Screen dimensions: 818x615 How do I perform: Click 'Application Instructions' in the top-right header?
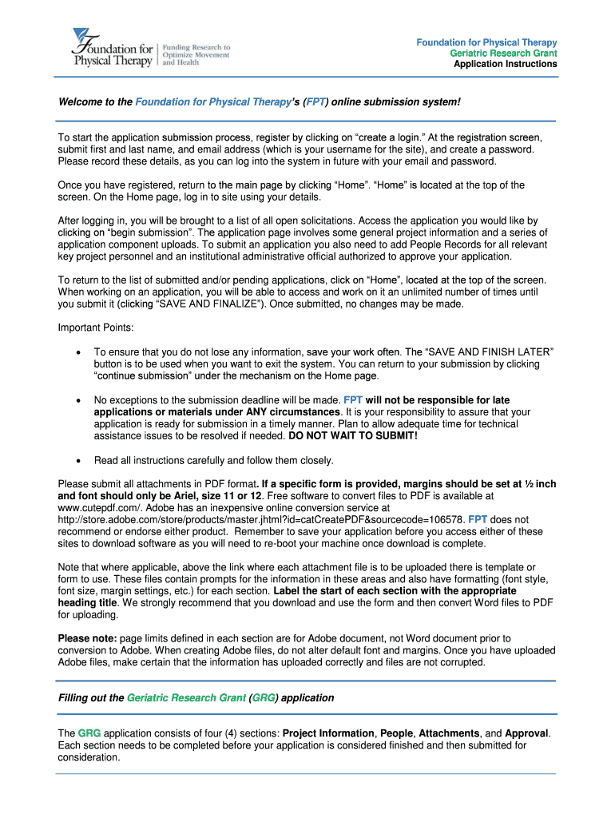pos(505,64)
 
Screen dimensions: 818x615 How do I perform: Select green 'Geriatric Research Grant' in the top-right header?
pos(503,53)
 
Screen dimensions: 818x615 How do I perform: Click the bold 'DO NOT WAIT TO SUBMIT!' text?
pos(352,436)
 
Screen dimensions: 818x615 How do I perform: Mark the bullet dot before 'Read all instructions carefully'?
pos(77,461)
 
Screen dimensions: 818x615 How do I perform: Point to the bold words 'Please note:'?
pos(88,638)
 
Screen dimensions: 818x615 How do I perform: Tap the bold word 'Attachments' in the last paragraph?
pos(449,733)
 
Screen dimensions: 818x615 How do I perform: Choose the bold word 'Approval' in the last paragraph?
pos(527,733)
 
